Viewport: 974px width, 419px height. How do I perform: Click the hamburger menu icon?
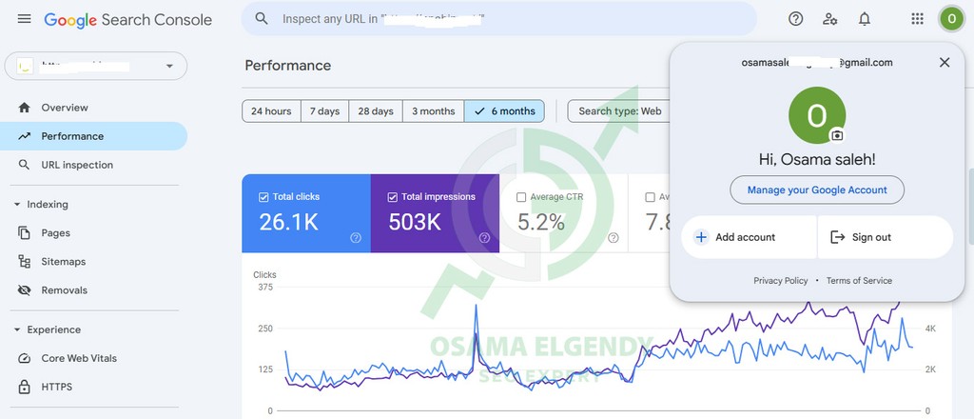24,19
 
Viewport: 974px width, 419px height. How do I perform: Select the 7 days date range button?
325,111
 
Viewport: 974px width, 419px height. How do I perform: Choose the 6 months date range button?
504,111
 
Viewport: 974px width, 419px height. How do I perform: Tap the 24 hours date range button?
271,111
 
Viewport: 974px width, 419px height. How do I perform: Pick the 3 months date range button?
433,111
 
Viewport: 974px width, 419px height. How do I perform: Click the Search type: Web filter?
619,111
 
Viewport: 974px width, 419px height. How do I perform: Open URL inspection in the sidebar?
77,165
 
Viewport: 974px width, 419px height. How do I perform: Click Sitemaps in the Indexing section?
64,262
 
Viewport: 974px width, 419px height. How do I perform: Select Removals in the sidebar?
64,290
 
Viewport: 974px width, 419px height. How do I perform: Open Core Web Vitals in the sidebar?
79,358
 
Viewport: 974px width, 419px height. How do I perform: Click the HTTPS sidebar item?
56,387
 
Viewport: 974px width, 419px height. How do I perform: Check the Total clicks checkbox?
263,197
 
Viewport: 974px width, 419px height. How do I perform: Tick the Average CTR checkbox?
521,197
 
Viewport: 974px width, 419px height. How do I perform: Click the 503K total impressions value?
415,223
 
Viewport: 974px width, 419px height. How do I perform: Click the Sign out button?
871,237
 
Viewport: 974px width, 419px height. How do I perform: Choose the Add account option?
745,237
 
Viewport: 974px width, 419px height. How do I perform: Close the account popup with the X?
945,63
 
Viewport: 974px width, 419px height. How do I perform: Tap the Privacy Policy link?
780,281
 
